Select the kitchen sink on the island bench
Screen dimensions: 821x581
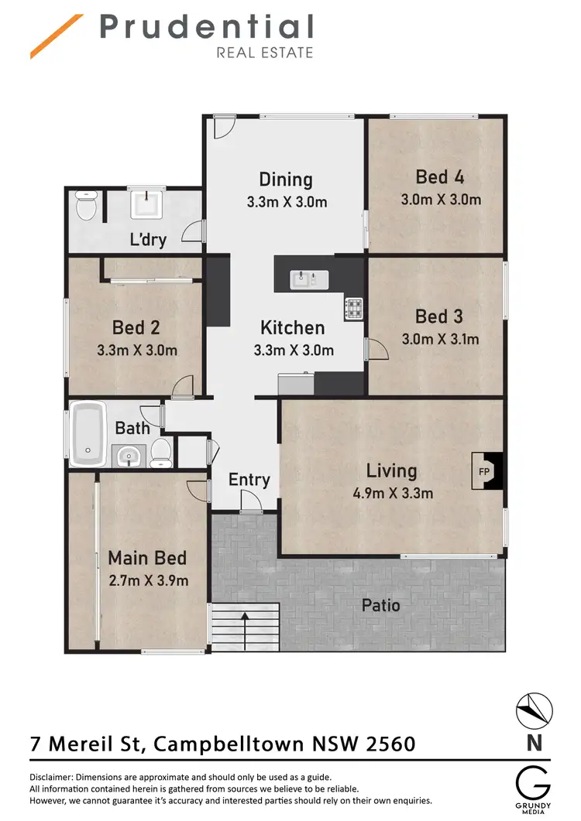click(302, 279)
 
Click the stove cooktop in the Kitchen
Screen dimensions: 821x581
click(353, 309)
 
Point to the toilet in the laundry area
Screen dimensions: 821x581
click(86, 207)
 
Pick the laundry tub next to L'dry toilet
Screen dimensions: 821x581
click(144, 204)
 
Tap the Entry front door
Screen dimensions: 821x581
click(249, 506)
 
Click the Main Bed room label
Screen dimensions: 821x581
click(147, 558)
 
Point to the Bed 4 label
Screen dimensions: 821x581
click(439, 176)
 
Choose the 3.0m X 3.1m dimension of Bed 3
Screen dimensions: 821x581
click(440, 339)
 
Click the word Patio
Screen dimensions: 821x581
click(380, 604)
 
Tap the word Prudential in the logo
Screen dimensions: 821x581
click(206, 27)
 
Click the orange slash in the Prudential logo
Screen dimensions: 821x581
click(57, 36)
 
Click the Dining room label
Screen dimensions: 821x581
click(286, 180)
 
